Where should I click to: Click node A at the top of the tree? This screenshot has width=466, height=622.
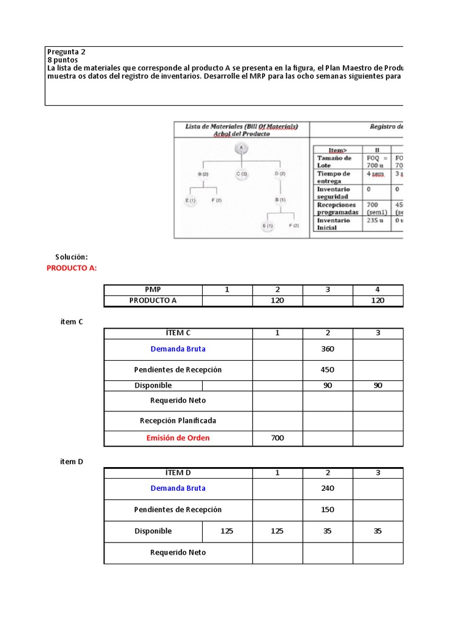pos(241,148)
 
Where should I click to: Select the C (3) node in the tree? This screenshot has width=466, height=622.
pos(241,174)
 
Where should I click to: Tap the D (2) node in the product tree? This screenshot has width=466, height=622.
pos(280,174)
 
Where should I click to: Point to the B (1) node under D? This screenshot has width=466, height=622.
pos(280,199)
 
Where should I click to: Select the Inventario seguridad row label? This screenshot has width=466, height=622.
pos(334,193)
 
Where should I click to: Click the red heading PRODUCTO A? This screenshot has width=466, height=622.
pos(72,268)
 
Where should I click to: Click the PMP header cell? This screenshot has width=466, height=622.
pos(153,290)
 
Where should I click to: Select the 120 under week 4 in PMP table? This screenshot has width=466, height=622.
pos(378,301)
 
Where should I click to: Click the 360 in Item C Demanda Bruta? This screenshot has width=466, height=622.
pos(328,349)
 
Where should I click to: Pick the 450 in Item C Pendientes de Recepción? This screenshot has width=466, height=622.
pos(328,370)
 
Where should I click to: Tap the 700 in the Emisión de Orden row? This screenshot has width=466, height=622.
pos(277,438)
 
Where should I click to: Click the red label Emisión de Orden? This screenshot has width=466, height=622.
pos(178,438)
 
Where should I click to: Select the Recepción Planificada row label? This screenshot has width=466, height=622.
pos(178,420)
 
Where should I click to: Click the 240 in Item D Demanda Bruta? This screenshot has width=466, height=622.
pos(328,488)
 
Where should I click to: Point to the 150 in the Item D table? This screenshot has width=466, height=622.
pos(328,510)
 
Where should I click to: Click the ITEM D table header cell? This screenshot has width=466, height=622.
pos(178,473)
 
